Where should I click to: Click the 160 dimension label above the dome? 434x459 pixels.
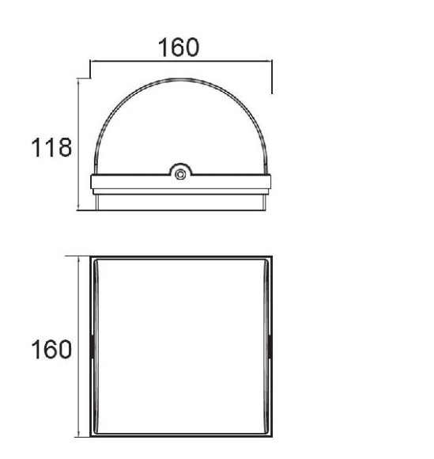point(179,47)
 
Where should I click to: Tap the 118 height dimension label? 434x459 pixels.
point(51,147)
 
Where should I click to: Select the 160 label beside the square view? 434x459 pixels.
point(51,349)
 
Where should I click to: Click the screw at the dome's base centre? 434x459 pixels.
point(180,174)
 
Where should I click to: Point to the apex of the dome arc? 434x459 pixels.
point(180,79)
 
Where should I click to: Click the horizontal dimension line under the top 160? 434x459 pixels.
point(181,61)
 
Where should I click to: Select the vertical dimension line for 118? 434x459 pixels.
point(78,145)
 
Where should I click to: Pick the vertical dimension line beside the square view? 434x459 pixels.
point(78,347)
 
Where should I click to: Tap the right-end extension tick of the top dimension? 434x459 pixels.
point(272,77)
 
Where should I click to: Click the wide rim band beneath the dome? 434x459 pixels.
point(180,182)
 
